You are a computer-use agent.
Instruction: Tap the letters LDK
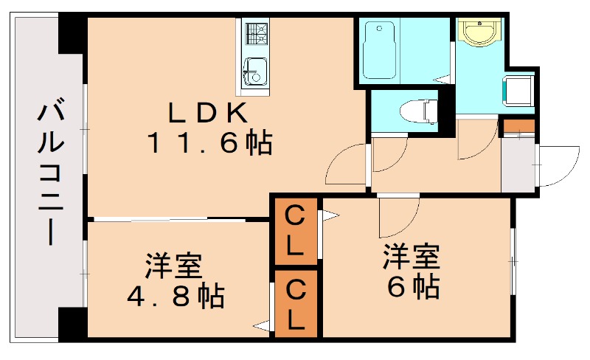tap(206, 113)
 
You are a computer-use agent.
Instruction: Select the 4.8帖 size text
tap(176, 296)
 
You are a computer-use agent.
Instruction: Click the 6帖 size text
tap(413, 286)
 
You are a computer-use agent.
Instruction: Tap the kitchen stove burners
tap(256, 32)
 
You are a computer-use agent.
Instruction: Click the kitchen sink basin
tap(255, 72)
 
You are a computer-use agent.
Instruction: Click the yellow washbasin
tap(479, 31)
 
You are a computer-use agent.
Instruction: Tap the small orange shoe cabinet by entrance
tap(518, 125)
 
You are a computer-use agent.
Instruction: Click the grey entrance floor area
tap(518, 163)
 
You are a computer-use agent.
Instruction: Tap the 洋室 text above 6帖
tap(411, 256)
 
